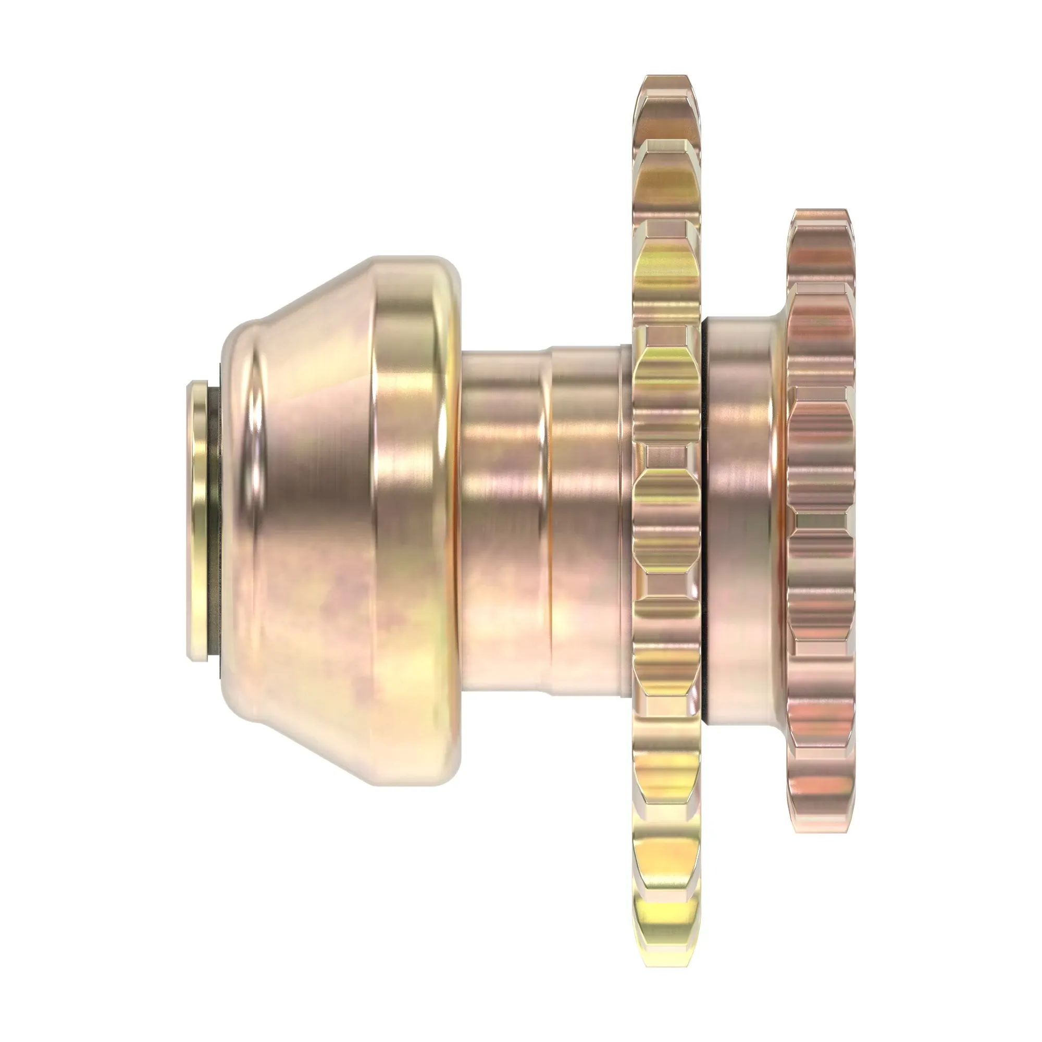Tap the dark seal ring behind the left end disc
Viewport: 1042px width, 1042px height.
[215, 521]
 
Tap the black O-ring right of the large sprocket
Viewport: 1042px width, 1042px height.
[705, 520]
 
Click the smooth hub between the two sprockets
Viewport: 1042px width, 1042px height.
[741, 520]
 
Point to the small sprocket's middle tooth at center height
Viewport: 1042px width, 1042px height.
[820, 520]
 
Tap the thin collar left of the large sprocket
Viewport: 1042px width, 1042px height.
[626, 520]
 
